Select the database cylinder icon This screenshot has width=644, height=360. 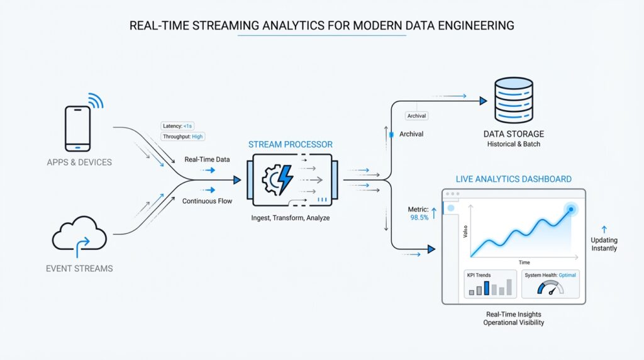point(514,101)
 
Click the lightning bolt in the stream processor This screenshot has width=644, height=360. point(285,179)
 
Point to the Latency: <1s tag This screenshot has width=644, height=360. point(179,126)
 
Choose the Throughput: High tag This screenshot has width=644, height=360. point(183,137)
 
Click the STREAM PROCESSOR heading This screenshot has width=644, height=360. point(290,144)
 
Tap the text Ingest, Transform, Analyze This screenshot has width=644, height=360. point(290,218)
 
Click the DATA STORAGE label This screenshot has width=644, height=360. point(514,134)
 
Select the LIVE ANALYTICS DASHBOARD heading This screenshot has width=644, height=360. point(513,179)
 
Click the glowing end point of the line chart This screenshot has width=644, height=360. point(571,209)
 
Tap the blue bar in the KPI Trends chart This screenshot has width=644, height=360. point(486,288)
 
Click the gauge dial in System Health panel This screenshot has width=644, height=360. point(551,289)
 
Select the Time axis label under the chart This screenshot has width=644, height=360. point(524,262)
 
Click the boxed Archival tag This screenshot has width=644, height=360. point(416,116)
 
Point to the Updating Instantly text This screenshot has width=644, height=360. point(604,244)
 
